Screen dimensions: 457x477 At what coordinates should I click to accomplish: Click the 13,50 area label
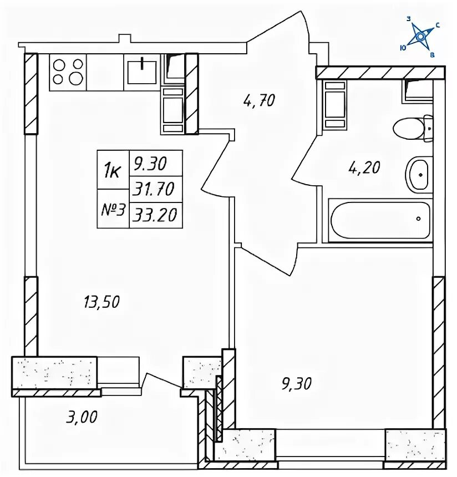[101, 302]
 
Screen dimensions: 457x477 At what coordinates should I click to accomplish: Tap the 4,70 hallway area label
[259, 100]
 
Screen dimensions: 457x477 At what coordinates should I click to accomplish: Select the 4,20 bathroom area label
[364, 168]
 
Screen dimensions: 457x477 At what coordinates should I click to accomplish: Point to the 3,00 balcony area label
[82, 417]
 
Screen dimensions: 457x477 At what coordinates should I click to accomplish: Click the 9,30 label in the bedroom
[296, 384]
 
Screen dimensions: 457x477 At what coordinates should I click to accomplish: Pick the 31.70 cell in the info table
[156, 189]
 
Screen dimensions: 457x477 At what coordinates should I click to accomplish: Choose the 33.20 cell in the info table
[156, 215]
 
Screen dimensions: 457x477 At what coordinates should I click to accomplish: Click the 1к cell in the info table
[113, 170]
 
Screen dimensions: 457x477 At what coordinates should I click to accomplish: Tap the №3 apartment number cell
[113, 209]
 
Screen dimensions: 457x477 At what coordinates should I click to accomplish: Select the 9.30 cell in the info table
[156, 164]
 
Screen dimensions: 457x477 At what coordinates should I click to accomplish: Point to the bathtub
[380, 221]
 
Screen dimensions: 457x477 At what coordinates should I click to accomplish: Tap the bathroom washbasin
[419, 175]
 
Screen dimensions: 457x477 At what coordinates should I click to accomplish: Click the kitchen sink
[142, 72]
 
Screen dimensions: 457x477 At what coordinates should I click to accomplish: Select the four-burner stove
[68, 72]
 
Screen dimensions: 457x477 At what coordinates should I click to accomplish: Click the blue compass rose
[420, 37]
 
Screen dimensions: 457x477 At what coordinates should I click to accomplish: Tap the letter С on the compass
[438, 26]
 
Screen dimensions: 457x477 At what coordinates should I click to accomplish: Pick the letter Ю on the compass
[403, 48]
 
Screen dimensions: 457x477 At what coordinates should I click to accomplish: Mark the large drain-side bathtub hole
[419, 219]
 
